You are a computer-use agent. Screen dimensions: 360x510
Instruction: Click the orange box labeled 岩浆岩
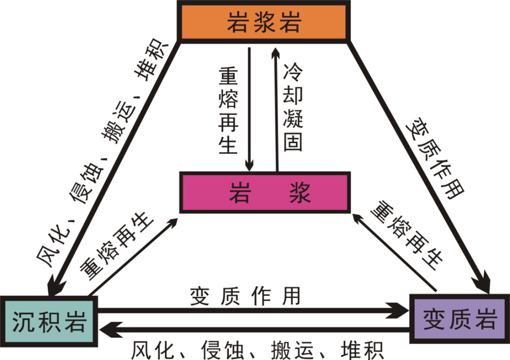264,22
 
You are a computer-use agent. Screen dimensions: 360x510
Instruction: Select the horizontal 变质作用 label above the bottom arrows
245,296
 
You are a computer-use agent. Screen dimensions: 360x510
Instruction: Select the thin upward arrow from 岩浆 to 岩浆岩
276,109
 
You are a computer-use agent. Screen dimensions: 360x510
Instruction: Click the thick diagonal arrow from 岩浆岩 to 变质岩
420,165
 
